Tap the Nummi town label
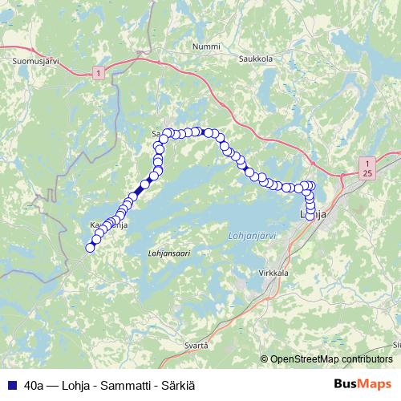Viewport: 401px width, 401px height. pyautogui.click(x=205, y=47)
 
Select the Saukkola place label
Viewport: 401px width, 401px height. pyautogui.click(x=255, y=59)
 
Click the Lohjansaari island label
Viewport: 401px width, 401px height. pyautogui.click(x=168, y=253)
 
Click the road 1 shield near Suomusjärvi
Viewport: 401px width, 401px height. pyautogui.click(x=98, y=74)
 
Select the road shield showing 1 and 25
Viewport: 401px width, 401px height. pyautogui.click(x=367, y=168)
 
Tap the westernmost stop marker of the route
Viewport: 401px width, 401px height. pyautogui.click(x=90, y=248)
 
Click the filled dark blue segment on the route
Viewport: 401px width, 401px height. pyautogui.click(x=141, y=188)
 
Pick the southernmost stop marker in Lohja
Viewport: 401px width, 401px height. pyautogui.click(x=311, y=215)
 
